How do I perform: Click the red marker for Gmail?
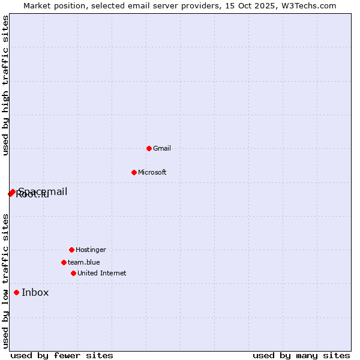point(149,148)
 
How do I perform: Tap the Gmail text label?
point(162,148)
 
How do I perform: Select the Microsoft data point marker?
point(134,172)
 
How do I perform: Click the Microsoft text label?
point(152,172)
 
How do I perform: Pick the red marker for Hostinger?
point(71,250)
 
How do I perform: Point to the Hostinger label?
point(91,250)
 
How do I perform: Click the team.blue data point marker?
point(64,262)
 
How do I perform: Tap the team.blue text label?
point(84,262)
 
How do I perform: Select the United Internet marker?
point(73,273)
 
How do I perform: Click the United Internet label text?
point(102,273)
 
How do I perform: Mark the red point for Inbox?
point(16,293)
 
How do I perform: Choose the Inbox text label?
point(35,293)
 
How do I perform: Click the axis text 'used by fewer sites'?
point(61,355)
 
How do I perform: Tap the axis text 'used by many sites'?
point(301,355)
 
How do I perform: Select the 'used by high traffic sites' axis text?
point(5,86)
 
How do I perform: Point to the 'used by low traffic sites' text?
point(5,281)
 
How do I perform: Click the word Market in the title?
point(37,5)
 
